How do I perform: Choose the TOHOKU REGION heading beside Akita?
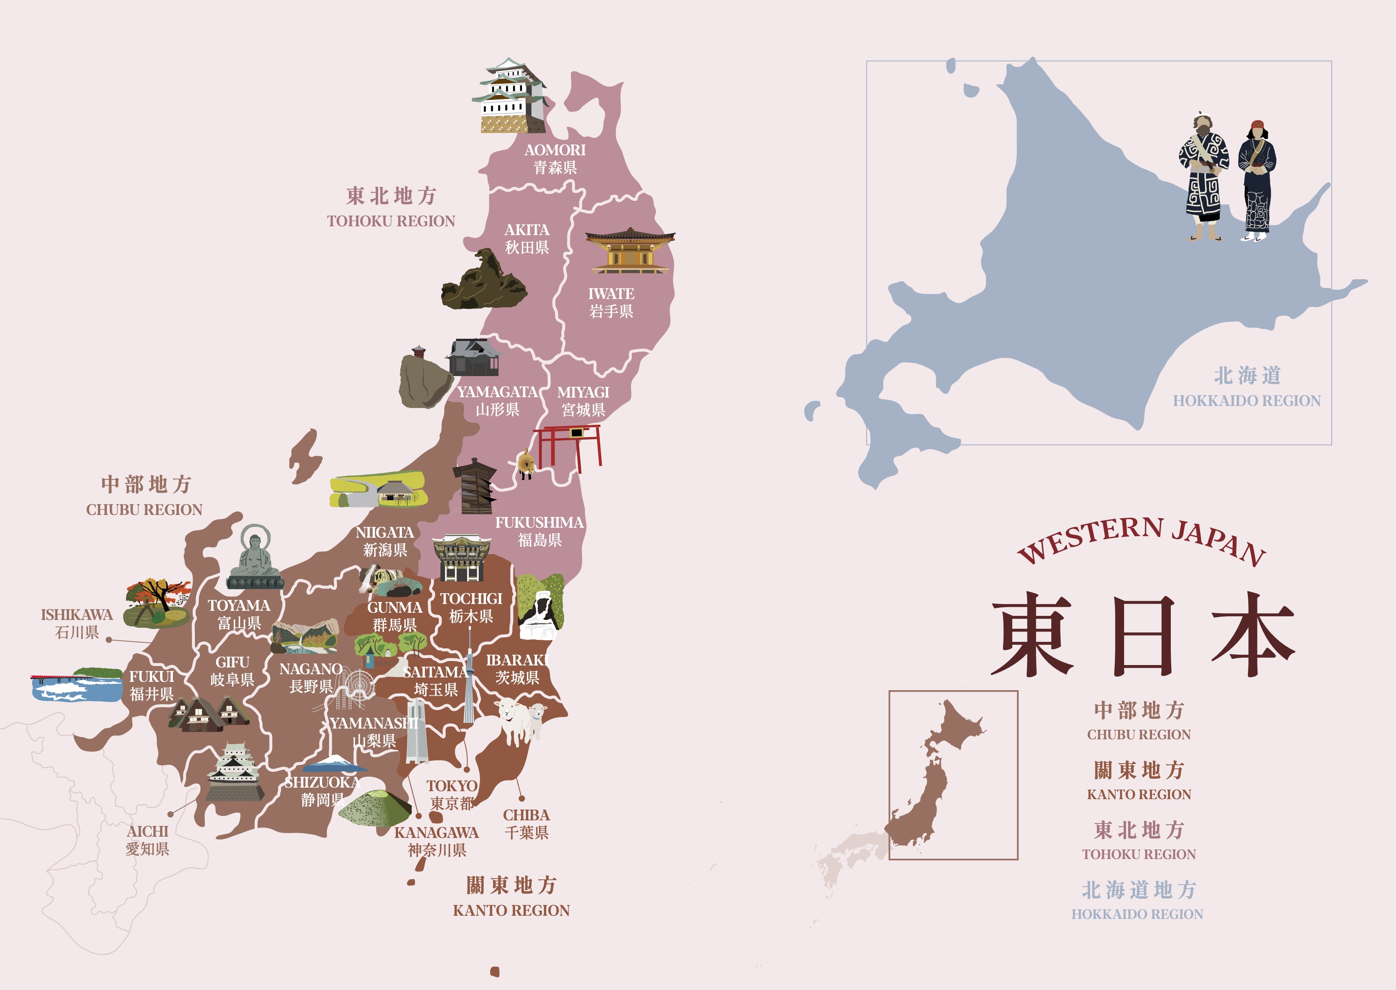(391, 221)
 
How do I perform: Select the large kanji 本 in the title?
(1253, 634)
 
